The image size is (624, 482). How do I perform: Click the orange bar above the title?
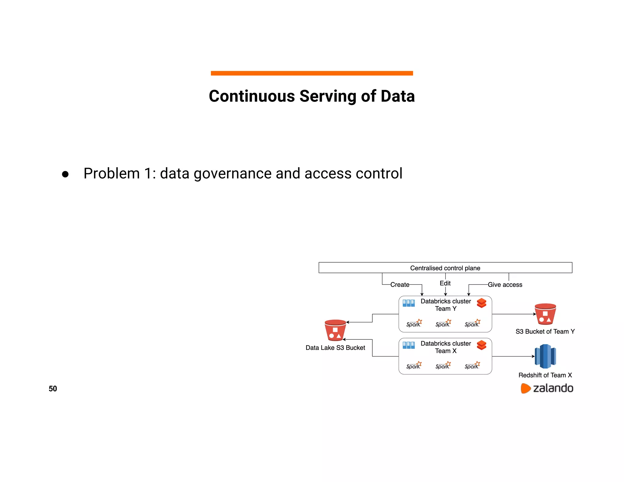pos(312,73)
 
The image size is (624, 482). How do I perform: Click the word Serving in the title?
pos(328,96)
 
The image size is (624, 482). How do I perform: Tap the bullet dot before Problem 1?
pos(65,174)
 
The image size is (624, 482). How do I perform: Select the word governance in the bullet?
pos(233,174)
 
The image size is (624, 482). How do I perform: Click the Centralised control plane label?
pos(445,268)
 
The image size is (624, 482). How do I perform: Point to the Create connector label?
pos(400,285)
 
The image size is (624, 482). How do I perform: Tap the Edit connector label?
pos(445,283)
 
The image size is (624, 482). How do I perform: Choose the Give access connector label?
pos(505,285)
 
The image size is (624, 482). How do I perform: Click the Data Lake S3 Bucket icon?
pos(335,330)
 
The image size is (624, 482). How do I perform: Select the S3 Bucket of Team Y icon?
pos(545,314)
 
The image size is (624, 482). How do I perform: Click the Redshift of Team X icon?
pos(545,356)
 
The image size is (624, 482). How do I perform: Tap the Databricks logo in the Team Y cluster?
pos(481,303)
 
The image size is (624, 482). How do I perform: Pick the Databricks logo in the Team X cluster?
pos(481,345)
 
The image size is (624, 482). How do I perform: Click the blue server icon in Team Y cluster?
pos(409,303)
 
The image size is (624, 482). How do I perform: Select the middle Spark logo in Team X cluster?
pos(443,365)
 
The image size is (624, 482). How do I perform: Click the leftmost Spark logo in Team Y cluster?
pos(414,323)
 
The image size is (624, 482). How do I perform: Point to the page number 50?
pos(53,389)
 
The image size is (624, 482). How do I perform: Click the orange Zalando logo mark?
pos(526,388)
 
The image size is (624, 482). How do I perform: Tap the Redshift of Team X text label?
pos(545,375)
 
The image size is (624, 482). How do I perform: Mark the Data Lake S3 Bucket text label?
pos(335,348)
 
